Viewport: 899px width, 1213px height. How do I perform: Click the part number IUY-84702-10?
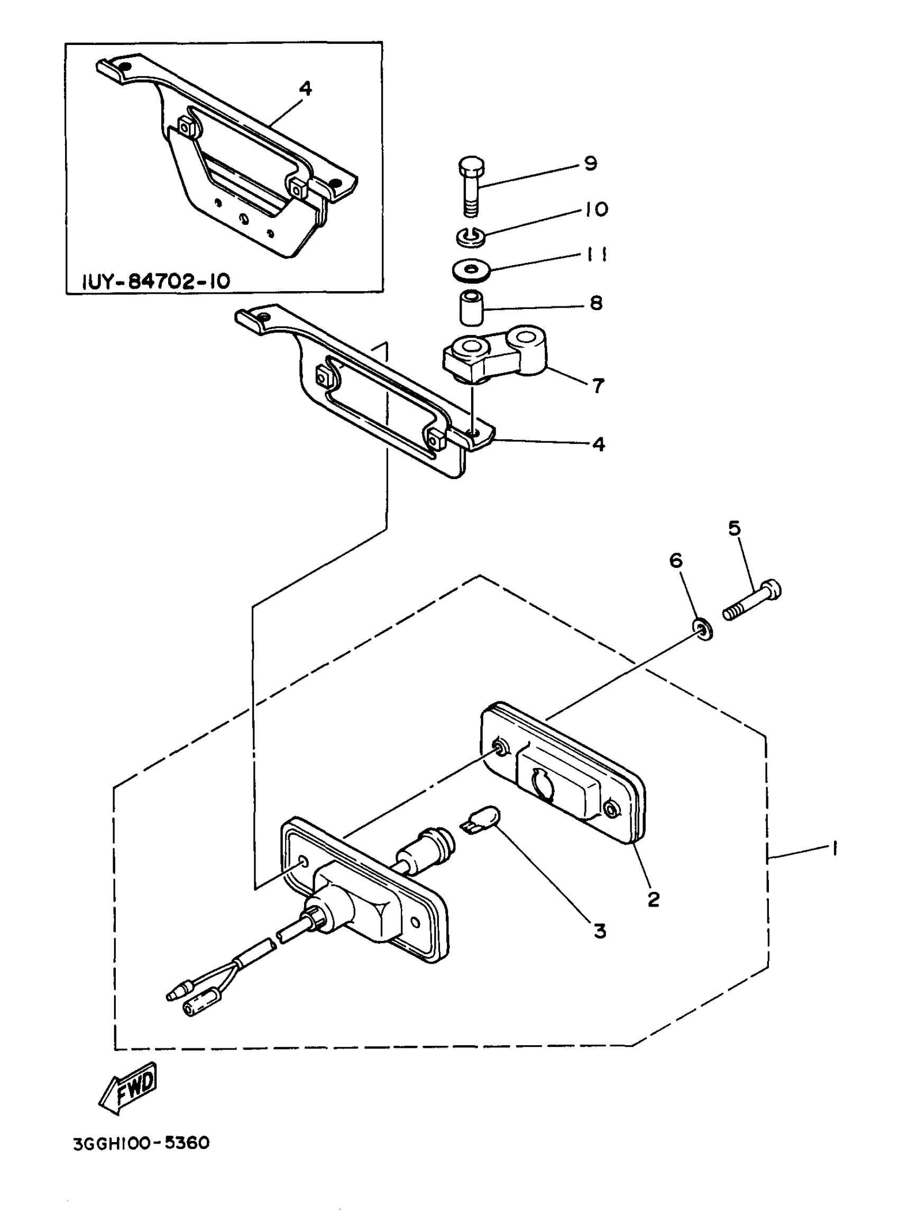coord(156,281)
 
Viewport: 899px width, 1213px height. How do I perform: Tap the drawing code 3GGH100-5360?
coord(142,1142)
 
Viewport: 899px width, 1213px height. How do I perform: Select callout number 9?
coord(591,163)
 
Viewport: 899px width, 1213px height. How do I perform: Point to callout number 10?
coord(597,209)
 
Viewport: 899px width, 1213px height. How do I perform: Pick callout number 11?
coord(598,255)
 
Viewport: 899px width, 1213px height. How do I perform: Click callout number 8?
coord(597,303)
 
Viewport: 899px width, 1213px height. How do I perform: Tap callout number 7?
coord(598,386)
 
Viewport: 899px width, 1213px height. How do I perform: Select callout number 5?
coord(735,528)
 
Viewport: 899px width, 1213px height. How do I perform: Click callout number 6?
coord(676,560)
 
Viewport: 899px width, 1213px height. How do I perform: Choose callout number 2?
coord(654,899)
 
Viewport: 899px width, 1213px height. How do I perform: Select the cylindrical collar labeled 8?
coord(471,307)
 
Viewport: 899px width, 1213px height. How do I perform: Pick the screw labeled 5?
coord(753,601)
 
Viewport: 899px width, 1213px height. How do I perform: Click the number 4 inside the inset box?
coord(306,88)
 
